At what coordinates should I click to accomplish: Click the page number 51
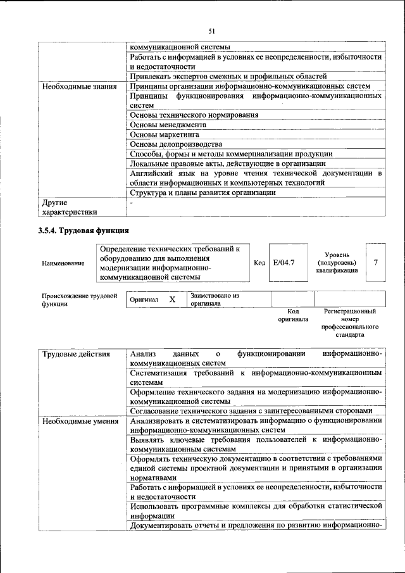click(x=212, y=30)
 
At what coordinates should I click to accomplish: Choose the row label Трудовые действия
click(x=76, y=354)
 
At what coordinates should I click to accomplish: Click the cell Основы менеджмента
click(x=168, y=125)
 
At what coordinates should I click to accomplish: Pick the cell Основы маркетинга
click(x=165, y=135)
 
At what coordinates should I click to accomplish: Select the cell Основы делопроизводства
click(x=176, y=144)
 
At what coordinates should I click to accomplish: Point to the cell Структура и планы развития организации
click(x=202, y=192)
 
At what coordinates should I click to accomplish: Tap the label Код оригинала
click(x=292, y=315)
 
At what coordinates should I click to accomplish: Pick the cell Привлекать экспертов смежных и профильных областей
click(x=228, y=77)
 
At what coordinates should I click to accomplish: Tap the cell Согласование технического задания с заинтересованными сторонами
click(x=254, y=410)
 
